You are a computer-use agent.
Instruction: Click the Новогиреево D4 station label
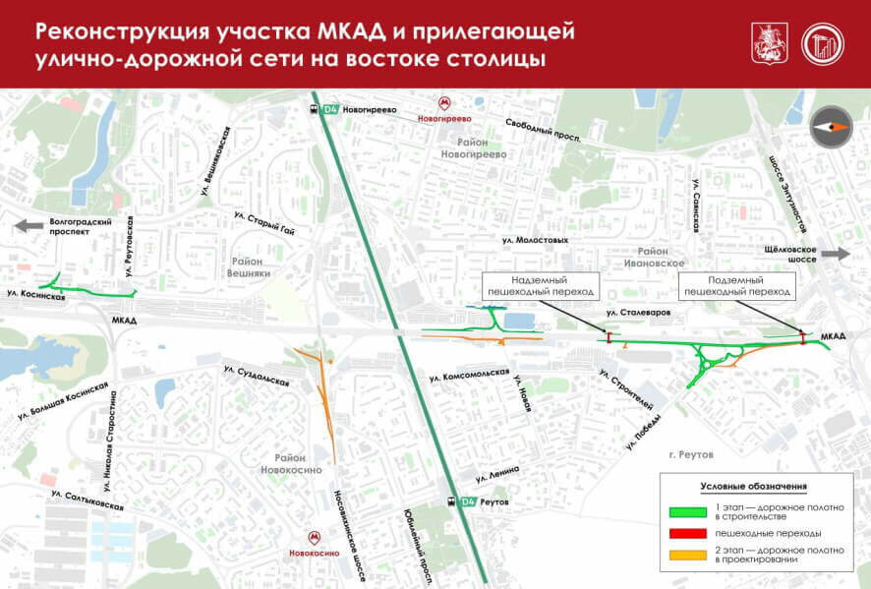click(369, 110)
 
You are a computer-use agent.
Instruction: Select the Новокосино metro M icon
click(314, 538)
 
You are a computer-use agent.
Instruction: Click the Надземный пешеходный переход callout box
click(540, 286)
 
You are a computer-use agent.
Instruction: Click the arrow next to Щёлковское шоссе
click(837, 254)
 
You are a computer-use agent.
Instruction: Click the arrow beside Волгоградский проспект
click(29, 226)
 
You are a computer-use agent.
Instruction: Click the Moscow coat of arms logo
click(764, 44)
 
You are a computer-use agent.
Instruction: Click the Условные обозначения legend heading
click(753, 487)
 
